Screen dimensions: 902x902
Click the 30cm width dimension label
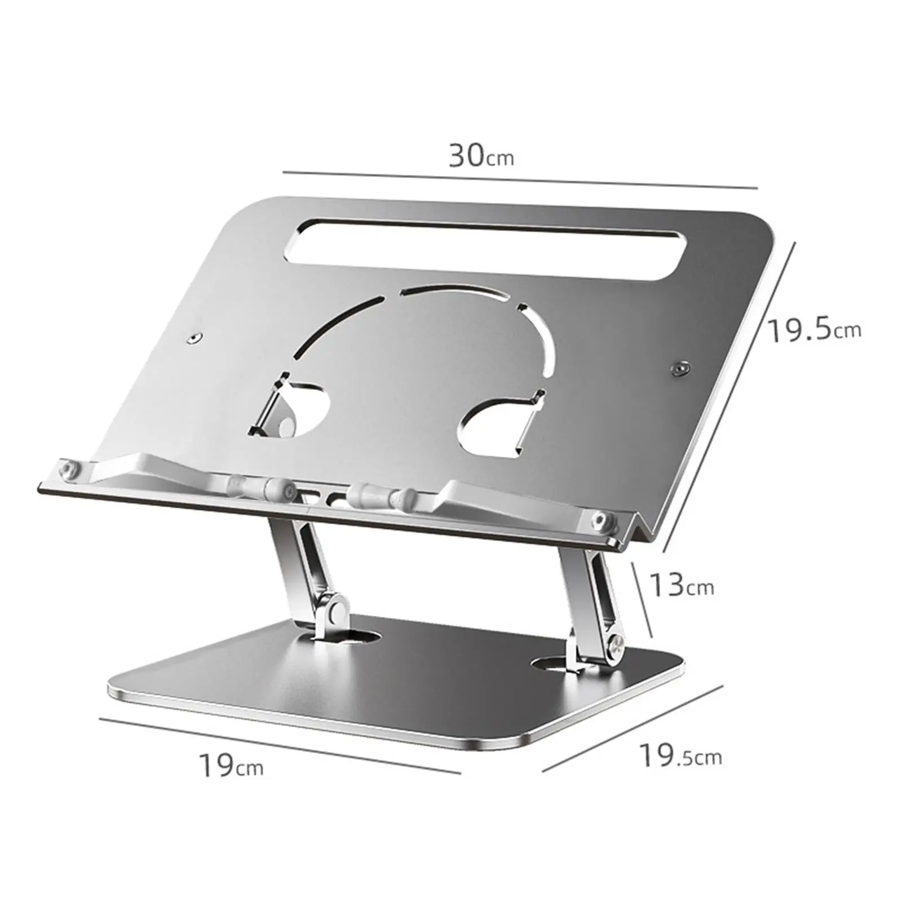(481, 156)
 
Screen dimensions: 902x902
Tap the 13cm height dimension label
(682, 585)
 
